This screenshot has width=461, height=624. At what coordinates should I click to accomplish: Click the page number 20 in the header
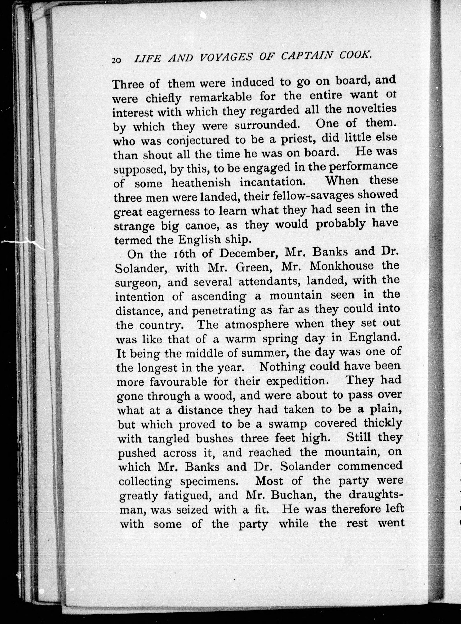click(116, 60)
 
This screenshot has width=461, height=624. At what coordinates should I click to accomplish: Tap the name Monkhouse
click(342, 266)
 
